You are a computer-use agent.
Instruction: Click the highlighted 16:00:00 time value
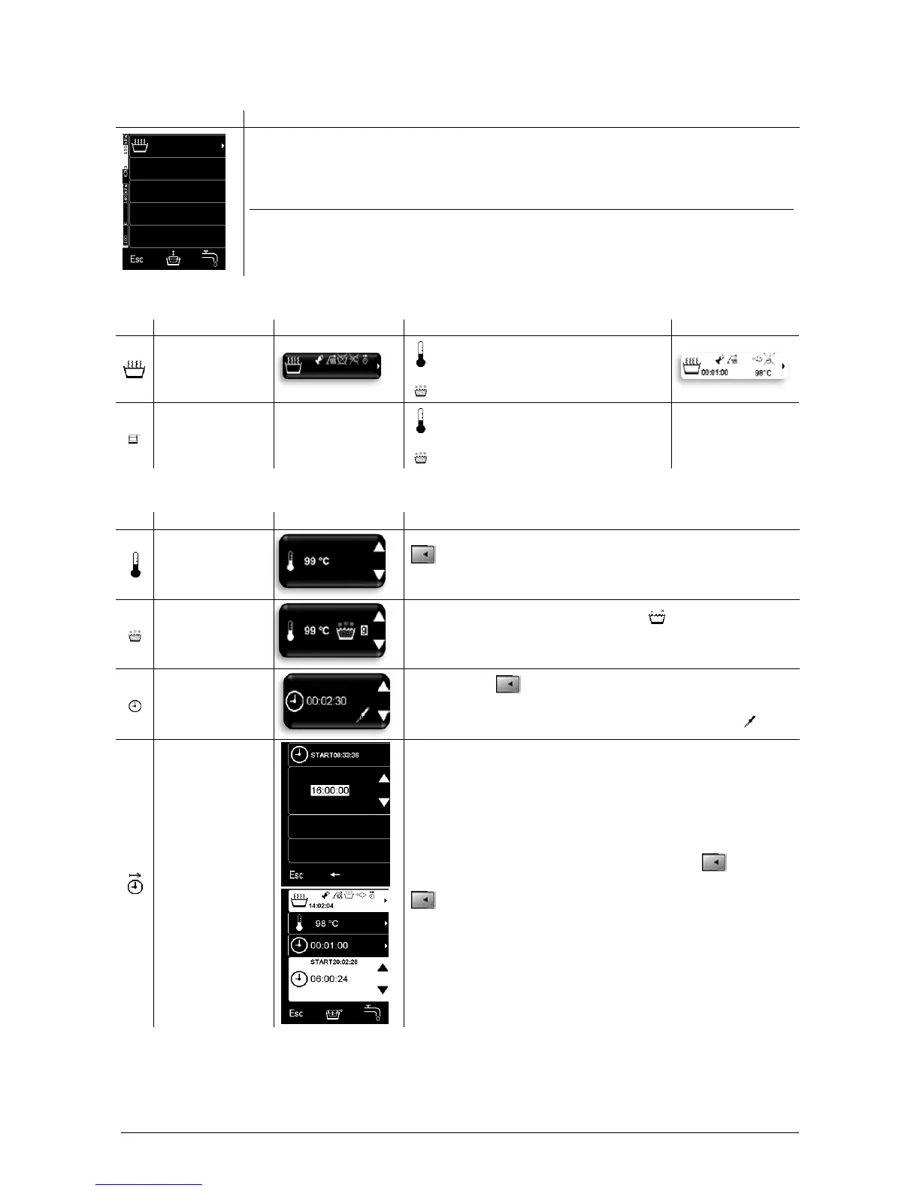coord(330,790)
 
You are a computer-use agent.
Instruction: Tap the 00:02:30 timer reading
coord(326,701)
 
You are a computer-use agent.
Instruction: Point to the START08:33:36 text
coord(334,755)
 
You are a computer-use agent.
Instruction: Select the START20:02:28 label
coord(334,962)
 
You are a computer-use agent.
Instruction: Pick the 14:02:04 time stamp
coord(321,906)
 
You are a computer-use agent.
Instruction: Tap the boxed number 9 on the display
coord(364,630)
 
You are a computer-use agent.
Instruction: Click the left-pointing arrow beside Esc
coord(334,874)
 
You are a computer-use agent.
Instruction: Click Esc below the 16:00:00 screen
coord(296,875)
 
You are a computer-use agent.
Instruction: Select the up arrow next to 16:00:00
coord(383,778)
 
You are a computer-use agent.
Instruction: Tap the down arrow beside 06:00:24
coord(383,990)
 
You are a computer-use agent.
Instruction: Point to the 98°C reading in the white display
coord(762,373)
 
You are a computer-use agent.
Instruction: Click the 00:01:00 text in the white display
coord(714,372)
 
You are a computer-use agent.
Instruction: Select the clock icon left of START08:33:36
coord(298,754)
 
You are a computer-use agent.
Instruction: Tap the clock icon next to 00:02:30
coord(295,701)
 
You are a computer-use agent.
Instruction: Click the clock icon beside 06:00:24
coord(298,979)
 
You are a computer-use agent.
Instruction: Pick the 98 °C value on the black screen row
coord(326,923)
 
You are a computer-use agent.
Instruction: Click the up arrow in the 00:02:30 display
coord(383,686)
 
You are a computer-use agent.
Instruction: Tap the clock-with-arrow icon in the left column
coord(135,883)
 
